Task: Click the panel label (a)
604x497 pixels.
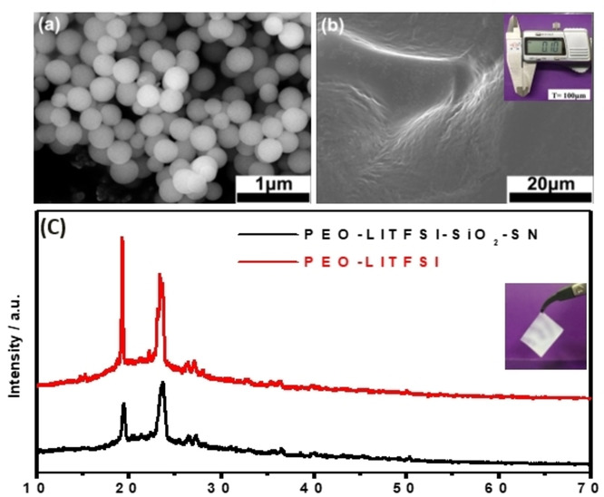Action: coord(47,24)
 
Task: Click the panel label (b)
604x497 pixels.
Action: coord(334,24)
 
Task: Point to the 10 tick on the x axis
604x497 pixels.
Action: coord(36,484)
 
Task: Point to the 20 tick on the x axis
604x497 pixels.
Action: coord(129,484)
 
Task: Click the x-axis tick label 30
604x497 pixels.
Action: coord(220,484)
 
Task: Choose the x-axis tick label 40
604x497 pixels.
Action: coord(313,484)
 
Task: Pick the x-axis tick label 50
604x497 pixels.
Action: coord(405,484)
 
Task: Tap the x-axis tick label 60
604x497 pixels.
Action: coord(498,484)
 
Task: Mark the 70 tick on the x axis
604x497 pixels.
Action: coord(589,484)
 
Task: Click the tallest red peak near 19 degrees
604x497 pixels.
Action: coord(122,239)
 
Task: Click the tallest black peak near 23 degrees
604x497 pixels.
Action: coord(162,384)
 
